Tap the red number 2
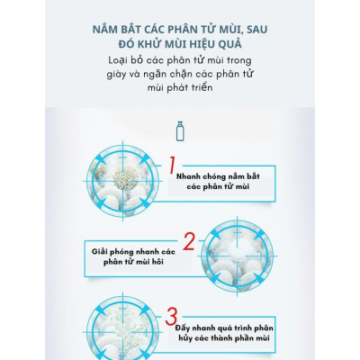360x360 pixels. click(189, 240)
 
